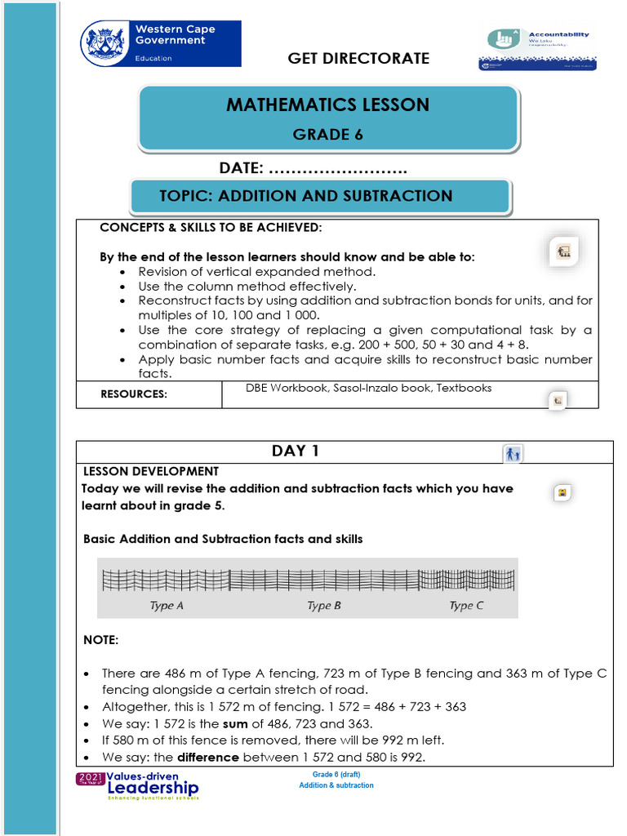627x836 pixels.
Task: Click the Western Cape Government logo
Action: pos(160,44)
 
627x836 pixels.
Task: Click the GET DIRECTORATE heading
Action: pos(358,58)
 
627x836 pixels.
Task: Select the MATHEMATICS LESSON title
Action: pos(327,104)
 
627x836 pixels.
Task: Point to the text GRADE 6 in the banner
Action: pos(327,135)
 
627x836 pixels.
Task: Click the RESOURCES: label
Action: pos(134,394)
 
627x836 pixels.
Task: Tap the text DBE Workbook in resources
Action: pos(287,388)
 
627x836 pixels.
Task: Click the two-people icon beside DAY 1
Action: pos(513,454)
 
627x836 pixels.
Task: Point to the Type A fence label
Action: pos(167,606)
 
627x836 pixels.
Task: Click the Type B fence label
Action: pos(324,606)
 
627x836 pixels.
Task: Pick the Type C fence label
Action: pos(466,606)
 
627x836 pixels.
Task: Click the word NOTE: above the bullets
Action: pos(101,641)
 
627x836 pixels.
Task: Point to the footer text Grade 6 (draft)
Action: pos(336,774)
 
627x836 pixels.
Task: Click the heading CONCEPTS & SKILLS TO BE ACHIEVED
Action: pos(211,227)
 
